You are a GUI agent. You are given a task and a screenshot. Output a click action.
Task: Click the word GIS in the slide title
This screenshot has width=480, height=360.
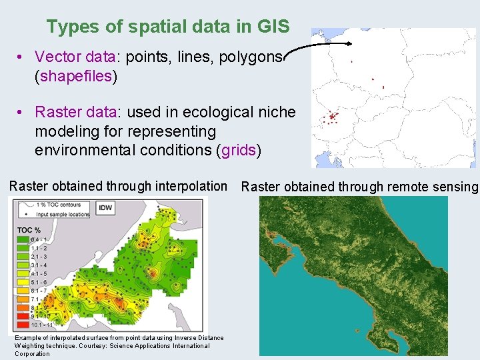coord(272,27)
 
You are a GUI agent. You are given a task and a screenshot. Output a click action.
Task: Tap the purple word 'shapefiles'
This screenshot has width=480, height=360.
coord(75,76)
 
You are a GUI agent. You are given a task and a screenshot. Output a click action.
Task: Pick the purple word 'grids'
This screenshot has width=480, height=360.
coord(239,150)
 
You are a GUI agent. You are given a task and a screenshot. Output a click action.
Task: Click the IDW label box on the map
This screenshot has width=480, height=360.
coord(105,208)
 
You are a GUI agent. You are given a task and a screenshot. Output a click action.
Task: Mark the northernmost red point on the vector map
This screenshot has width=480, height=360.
coord(352,61)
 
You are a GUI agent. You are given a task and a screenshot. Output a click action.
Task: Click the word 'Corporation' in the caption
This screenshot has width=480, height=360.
coord(32,354)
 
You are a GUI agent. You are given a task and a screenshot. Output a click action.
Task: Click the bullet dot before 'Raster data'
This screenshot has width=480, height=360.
coord(22,113)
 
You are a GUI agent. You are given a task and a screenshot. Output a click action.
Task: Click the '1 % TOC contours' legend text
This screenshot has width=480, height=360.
coord(59,205)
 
